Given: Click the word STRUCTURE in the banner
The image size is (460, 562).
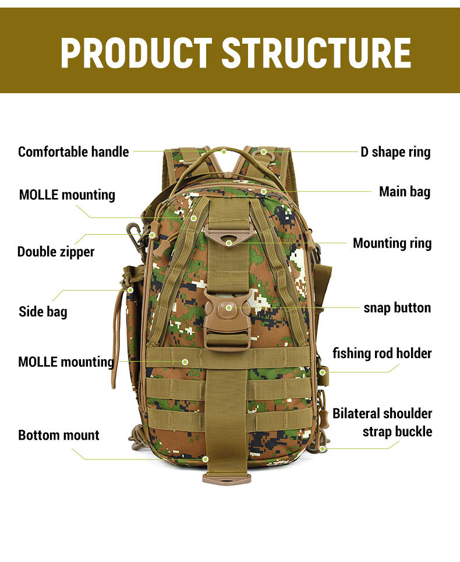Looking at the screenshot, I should (x=316, y=53).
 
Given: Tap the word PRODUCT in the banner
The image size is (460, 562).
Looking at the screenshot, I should (x=136, y=53).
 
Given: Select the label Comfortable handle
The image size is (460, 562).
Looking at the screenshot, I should (x=73, y=152).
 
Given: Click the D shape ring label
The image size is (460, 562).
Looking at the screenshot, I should (x=395, y=152).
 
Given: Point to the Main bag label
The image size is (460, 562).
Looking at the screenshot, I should (x=405, y=192).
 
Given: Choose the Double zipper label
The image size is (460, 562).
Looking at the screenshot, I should (x=56, y=252).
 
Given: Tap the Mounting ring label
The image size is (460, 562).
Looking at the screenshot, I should (x=392, y=243).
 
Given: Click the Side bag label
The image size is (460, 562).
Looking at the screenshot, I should (x=43, y=312).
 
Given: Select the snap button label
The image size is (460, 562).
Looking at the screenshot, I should (x=397, y=307).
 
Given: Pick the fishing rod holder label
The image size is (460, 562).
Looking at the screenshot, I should (x=382, y=353).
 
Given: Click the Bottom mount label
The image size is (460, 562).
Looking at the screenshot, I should (x=59, y=435).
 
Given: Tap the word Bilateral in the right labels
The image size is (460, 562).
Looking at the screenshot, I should (x=356, y=413).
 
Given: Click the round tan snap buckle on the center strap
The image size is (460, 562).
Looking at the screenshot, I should (x=228, y=307).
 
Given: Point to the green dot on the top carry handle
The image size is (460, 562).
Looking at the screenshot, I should (x=224, y=151).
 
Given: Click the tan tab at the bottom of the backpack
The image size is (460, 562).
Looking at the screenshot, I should (x=227, y=479).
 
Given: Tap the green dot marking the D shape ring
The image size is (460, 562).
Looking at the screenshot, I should (x=263, y=152).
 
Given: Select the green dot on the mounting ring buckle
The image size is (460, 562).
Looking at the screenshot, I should (x=229, y=242).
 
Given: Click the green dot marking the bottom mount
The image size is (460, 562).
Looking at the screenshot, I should (x=206, y=459).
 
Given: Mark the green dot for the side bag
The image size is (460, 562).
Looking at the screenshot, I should (x=130, y=289).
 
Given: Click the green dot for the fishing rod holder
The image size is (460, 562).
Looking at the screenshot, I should (x=322, y=372).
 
